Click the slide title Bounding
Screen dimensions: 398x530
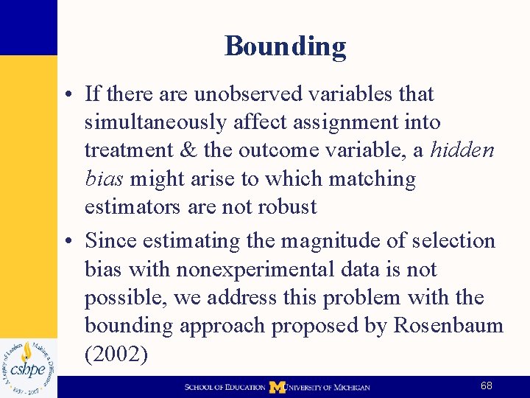coord(285,46)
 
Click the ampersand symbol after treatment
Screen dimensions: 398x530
coord(189,150)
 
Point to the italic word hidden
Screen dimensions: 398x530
coord(462,150)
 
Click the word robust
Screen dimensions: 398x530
coord(286,206)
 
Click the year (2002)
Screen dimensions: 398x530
coord(116,354)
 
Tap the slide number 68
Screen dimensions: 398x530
coord(487,386)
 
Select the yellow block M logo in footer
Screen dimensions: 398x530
coord(277,387)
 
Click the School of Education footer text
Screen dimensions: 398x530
coord(225,387)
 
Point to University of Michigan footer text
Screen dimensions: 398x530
coord(328,387)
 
